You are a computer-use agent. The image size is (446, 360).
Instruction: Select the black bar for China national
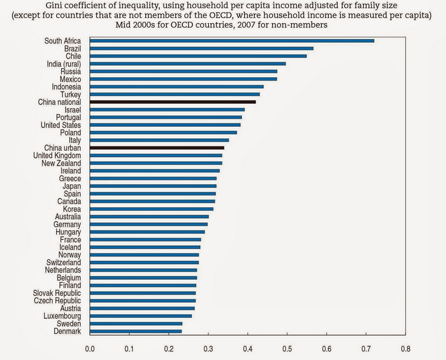tap(173, 102)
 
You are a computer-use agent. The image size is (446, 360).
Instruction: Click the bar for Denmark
tap(136, 331)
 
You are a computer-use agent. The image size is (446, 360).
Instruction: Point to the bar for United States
tap(165, 125)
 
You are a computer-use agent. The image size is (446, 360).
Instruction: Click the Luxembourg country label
tap(62, 316)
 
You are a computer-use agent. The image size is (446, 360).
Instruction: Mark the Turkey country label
tap(70, 94)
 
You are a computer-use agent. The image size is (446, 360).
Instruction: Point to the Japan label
tap(71, 186)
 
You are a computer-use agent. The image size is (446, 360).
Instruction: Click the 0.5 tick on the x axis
tap(287, 349)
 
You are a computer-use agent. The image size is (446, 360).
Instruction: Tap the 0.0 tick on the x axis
tap(90, 349)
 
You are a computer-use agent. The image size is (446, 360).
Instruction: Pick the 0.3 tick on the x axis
tap(208, 349)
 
